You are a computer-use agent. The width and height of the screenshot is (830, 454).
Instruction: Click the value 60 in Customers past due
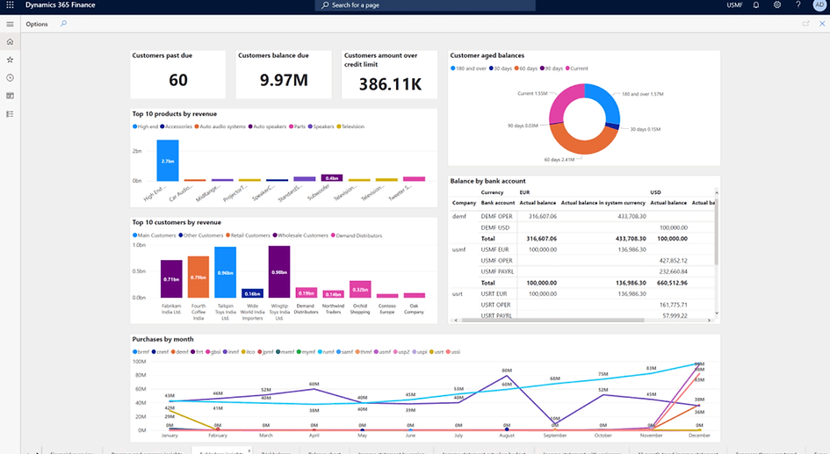178,81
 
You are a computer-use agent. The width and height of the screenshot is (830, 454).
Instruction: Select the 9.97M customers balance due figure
284,81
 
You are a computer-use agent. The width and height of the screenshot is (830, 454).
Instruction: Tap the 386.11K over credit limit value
389,83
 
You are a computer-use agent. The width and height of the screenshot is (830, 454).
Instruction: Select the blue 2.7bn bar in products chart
168,160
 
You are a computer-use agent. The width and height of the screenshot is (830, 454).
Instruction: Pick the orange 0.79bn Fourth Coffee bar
198,277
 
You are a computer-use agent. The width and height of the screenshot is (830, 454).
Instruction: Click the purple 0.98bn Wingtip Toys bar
279,272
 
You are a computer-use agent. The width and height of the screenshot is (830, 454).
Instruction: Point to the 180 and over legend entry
470,68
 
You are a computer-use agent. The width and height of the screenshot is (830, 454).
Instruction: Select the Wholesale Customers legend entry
301,235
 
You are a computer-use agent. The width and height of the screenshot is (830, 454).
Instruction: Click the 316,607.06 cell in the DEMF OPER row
538,215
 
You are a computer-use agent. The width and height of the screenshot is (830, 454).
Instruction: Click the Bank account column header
497,203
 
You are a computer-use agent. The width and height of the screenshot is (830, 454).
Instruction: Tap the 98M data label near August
507,371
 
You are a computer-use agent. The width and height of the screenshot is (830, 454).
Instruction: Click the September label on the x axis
554,436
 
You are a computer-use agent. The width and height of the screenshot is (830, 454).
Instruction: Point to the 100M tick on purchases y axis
139,361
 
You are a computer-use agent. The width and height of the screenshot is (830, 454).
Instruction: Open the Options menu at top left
37,24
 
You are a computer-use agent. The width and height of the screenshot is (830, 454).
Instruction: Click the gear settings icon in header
777,5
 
